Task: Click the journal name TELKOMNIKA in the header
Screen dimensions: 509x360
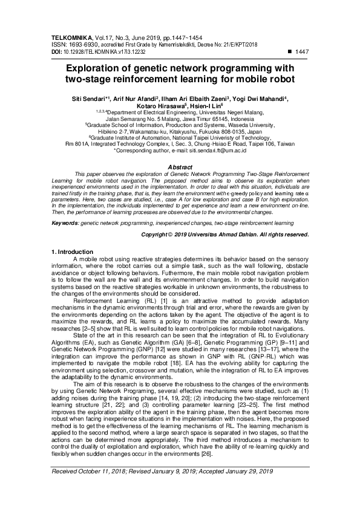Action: click(x=68, y=37)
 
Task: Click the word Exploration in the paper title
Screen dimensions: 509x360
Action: click(x=97, y=69)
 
